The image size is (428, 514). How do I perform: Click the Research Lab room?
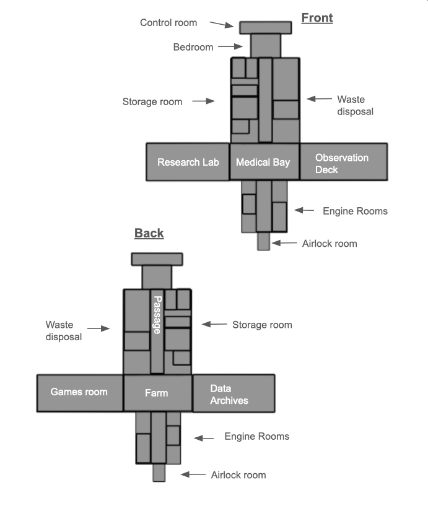188,162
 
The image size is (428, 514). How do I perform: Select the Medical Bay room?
264,162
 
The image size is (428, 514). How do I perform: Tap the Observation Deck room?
344,162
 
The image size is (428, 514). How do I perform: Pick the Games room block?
80,393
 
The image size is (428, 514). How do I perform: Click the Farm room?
158,393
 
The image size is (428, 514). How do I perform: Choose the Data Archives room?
234,393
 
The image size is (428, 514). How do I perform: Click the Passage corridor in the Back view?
157,331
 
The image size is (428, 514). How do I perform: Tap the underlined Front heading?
317,18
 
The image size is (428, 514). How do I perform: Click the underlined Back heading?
149,233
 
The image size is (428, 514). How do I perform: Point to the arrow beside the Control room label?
222,25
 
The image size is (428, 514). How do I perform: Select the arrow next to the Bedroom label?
230,46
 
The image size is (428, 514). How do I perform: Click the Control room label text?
168,23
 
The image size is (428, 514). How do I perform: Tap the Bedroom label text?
193,47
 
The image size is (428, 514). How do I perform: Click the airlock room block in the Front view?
264,241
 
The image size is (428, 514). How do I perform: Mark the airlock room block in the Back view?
159,473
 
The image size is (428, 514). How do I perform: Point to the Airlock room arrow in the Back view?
193,474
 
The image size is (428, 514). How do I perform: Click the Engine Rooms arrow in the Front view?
304,210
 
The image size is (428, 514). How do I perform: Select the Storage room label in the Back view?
262,325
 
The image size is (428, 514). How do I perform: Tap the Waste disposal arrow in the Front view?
320,98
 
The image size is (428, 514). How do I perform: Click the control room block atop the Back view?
157,259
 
